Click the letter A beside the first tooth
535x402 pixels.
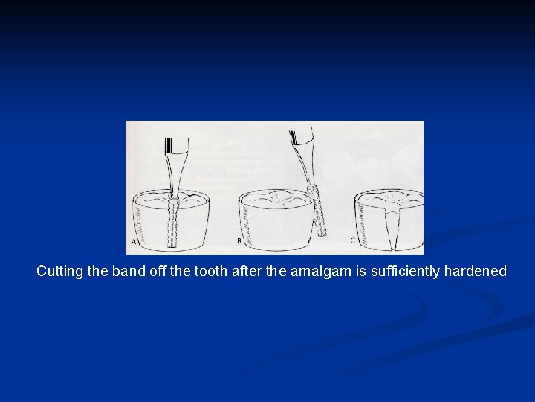click(133, 242)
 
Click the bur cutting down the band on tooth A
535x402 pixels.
click(174, 216)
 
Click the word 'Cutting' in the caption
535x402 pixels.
click(59, 272)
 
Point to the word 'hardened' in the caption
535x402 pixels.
click(475, 272)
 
